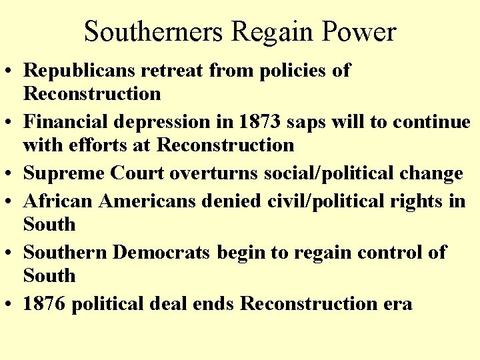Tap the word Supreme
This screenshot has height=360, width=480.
[x=63, y=174]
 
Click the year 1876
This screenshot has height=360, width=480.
[x=45, y=304]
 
